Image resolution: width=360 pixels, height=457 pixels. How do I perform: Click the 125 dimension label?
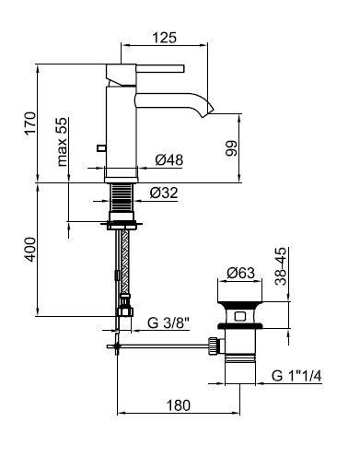[x=165, y=38]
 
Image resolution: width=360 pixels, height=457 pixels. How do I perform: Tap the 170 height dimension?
[x=30, y=123]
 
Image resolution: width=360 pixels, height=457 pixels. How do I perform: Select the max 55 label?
[x=62, y=142]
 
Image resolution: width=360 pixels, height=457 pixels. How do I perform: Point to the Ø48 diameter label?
[x=169, y=159]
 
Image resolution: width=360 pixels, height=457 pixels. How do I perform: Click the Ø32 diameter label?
[x=164, y=193]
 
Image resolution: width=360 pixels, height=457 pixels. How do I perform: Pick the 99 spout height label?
[x=231, y=148]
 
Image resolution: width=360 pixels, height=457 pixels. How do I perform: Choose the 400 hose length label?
[x=30, y=249]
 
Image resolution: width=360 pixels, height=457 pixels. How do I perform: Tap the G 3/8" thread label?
[x=168, y=322]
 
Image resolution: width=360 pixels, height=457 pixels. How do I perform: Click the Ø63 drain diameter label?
[x=240, y=273]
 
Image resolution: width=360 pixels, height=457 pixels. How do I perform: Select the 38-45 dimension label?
[x=281, y=266]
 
